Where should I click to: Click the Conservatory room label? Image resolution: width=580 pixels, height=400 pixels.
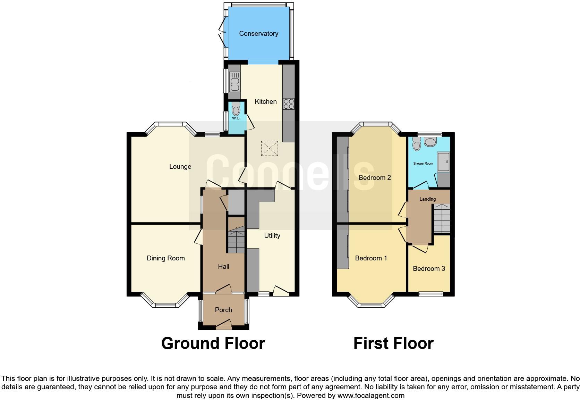coord(258,34)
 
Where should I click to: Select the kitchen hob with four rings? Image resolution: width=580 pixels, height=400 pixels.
coord(289,104)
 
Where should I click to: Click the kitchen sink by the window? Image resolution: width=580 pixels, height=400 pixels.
coord(234,82)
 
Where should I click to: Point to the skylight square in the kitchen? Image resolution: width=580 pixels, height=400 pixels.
coord(270,149)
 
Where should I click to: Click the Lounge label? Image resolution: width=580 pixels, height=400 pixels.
coord(180,167)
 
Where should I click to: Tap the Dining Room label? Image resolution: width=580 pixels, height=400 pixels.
coord(165,258)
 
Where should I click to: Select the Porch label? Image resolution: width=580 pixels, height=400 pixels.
coord(223,310)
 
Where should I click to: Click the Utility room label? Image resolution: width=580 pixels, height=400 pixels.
coord(272,236)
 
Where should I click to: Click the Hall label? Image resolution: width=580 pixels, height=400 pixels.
coord(223,267)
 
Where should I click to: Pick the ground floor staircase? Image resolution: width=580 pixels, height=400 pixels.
coord(236,239)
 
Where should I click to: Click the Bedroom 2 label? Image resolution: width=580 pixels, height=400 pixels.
coord(375,178)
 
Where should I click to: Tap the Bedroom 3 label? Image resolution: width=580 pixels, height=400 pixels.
coord(429,269)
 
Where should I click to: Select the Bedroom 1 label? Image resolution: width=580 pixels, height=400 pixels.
coord(371,258)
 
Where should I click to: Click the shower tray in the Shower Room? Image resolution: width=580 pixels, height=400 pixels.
coord(443,162)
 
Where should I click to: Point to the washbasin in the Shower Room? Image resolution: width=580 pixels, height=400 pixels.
coord(430,142)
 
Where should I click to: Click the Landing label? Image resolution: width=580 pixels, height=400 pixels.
coord(427,199)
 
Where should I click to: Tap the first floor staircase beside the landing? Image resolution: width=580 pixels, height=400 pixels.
coord(441,218)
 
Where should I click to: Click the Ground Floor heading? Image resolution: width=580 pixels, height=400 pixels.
coord(213,343)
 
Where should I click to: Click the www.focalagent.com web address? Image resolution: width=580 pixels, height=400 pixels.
coord(371,395)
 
